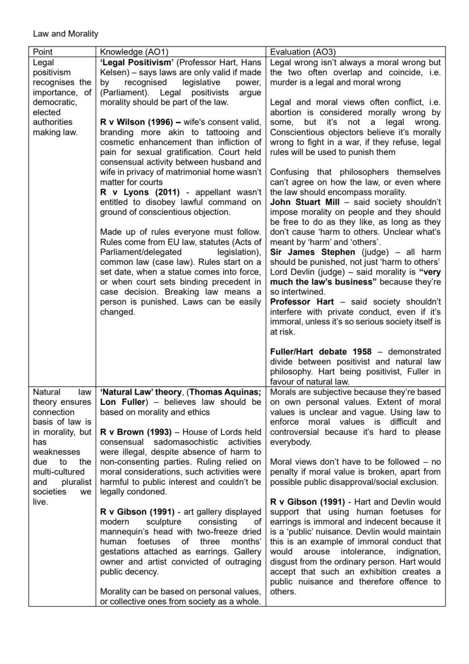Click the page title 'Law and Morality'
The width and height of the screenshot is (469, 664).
click(65, 34)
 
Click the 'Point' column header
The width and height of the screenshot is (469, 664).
click(43, 52)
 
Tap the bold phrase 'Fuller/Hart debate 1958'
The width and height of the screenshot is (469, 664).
click(321, 352)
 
